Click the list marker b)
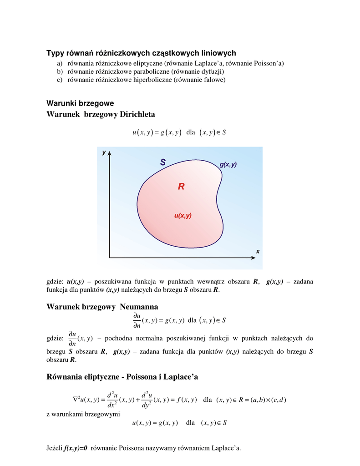tap(60, 71)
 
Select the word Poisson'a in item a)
tap(268, 64)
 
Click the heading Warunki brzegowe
tap(80, 103)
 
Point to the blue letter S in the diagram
tap(163, 162)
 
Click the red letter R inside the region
tap(181, 186)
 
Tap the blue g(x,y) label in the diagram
tap(228, 164)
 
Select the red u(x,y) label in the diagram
tap(183, 216)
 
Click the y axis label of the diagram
tap(104, 152)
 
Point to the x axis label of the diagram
tap(258, 251)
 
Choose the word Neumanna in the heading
tap(139, 307)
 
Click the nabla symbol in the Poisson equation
tap(76, 400)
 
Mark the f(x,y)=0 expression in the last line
tap(76, 448)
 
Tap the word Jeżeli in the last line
tap(55, 448)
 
